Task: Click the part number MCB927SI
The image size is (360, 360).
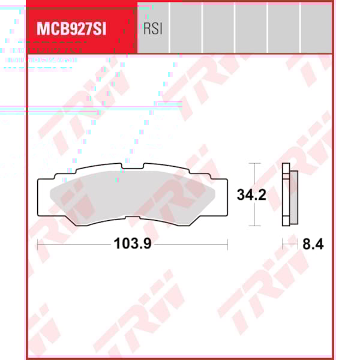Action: (71, 29)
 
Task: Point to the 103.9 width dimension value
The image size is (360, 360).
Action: (132, 244)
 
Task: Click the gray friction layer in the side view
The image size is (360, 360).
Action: (293, 195)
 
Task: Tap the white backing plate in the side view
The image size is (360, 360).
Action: (286, 195)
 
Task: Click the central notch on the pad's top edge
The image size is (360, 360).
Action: (133, 166)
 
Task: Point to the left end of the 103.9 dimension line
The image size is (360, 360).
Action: (38, 244)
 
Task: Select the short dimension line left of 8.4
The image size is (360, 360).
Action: (290, 244)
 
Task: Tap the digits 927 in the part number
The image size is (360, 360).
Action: (77, 29)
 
